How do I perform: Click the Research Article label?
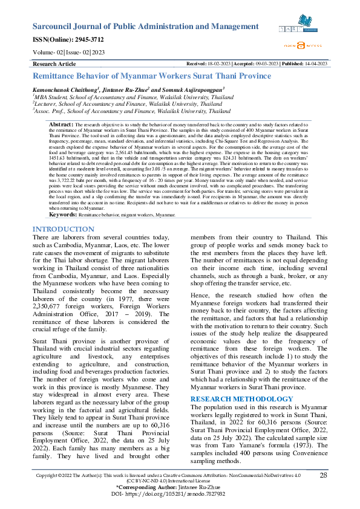(x=54, y=63)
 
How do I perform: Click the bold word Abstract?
(x=61, y=123)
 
